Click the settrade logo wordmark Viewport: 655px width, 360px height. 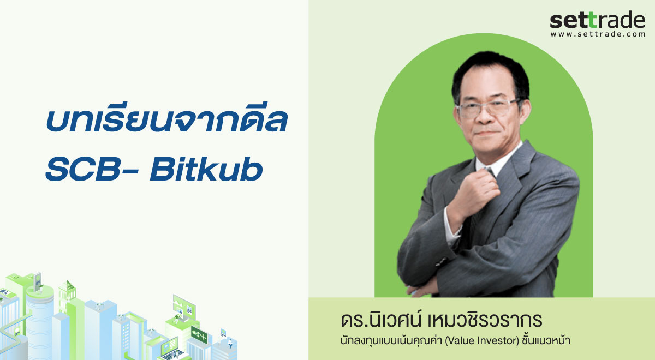[597, 20]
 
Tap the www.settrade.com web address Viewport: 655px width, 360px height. [597, 34]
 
